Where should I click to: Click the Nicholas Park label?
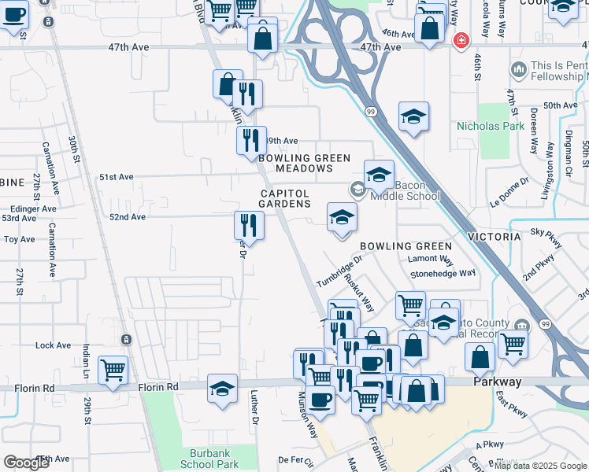coord(491,126)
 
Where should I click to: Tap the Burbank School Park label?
coord(209,459)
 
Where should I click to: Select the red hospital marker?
coord(460,39)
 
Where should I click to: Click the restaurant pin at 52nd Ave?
coord(249,225)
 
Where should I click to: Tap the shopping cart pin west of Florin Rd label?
coord(113,370)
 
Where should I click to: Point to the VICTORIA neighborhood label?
coord(494,236)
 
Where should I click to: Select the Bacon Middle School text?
coord(421,191)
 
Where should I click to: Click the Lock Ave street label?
coord(53,345)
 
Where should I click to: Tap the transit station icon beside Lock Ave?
coord(126,339)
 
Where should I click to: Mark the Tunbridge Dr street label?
coord(339,271)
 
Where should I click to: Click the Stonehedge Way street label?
coord(442,274)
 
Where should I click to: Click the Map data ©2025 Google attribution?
coord(539,466)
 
